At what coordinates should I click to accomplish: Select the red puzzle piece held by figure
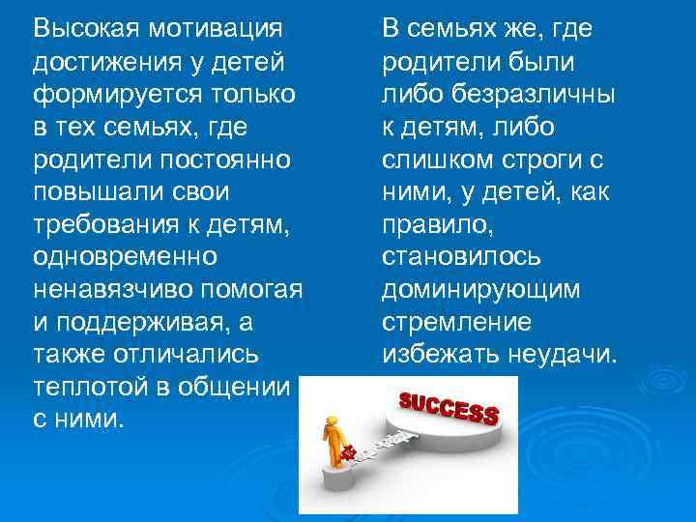pos(349,452)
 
